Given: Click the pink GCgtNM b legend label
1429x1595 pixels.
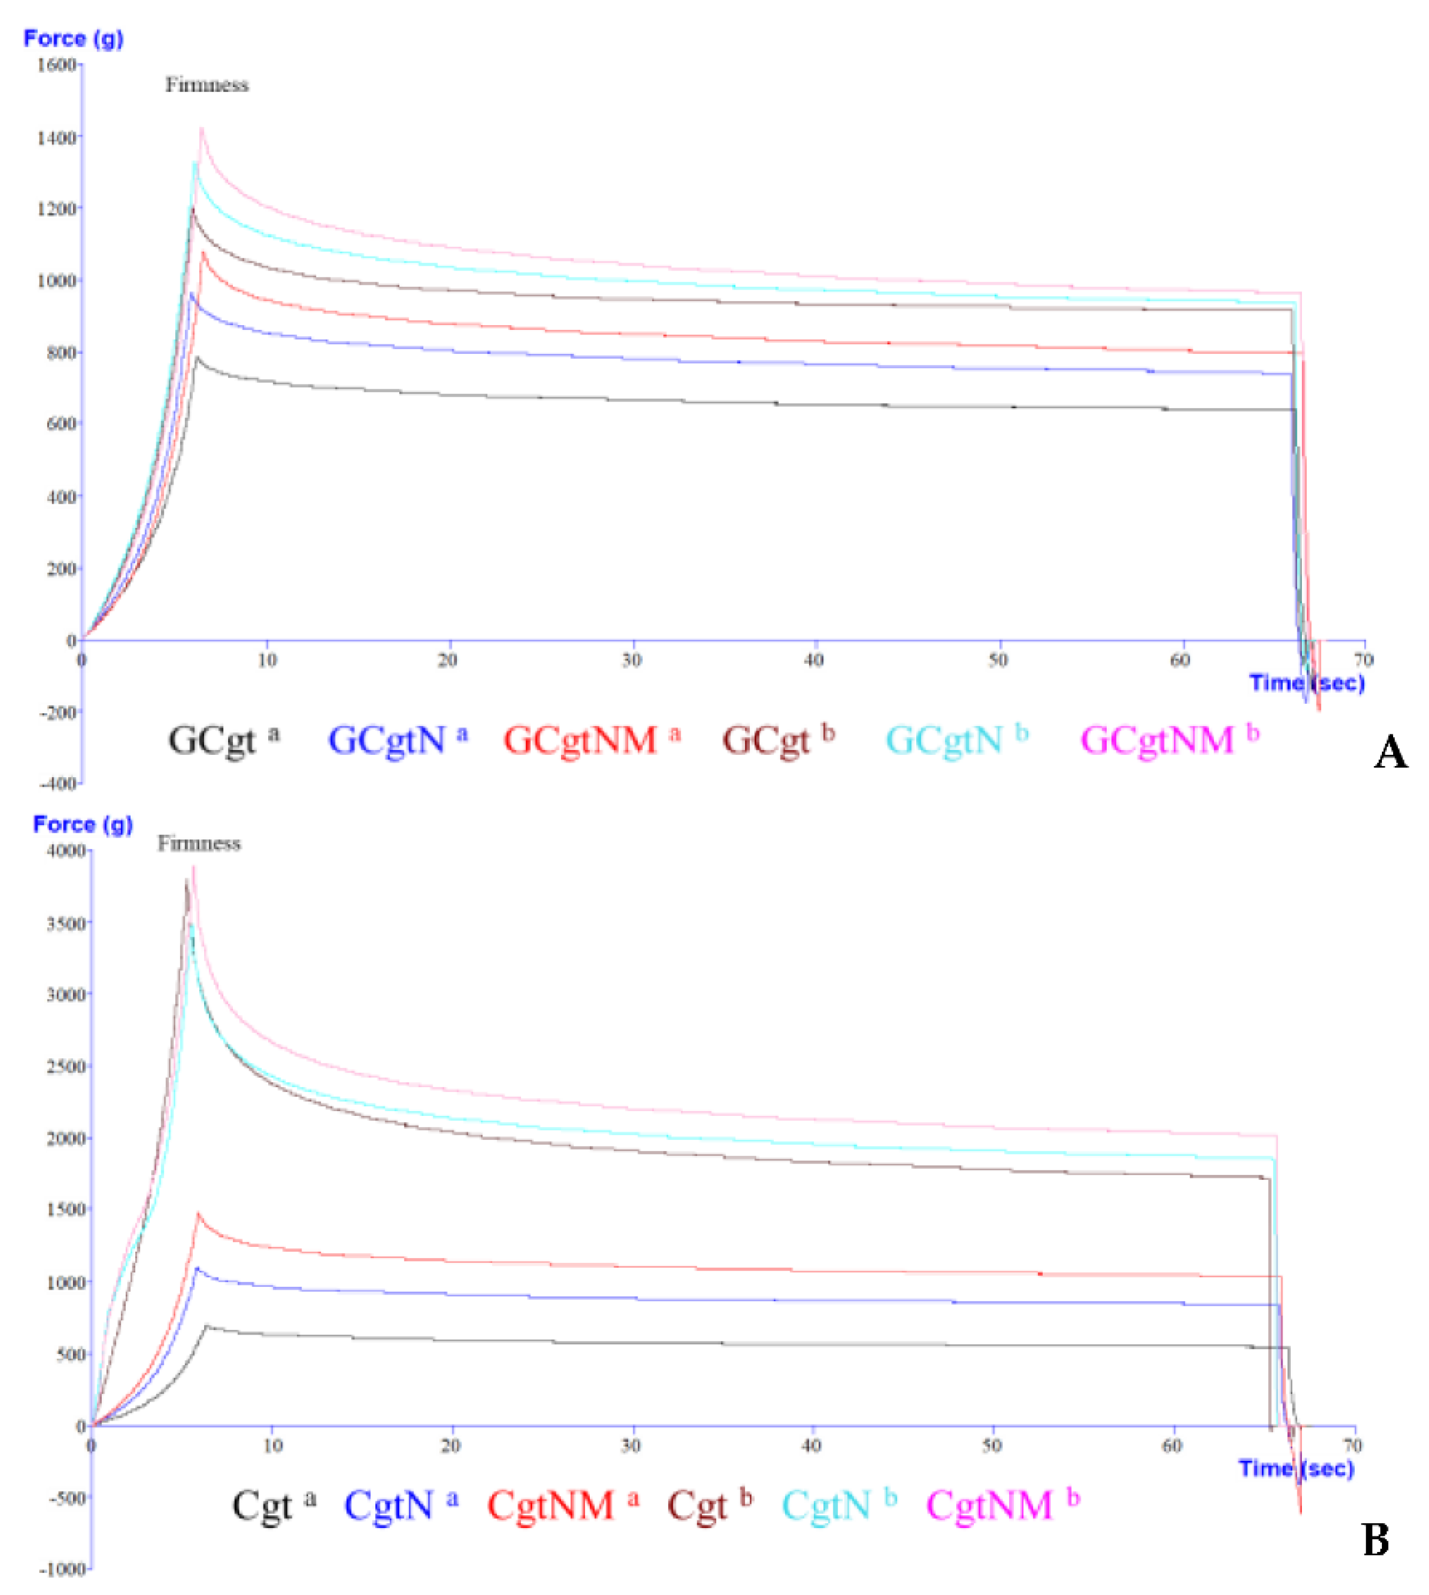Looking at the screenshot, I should [x=1169, y=740].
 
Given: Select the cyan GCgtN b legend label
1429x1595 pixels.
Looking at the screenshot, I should [x=956, y=740].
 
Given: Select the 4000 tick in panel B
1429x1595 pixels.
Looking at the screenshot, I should [x=65, y=851].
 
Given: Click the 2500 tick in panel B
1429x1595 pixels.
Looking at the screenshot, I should [x=65, y=1066].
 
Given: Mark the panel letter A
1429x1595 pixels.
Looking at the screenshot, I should [x=1391, y=753].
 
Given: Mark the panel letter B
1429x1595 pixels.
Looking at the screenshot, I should [x=1375, y=1540].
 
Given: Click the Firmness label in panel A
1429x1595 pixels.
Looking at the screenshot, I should [x=206, y=85].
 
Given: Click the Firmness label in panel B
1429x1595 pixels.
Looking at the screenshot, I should [x=199, y=844].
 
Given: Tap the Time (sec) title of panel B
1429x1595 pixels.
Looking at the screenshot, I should [x=1296, y=1469].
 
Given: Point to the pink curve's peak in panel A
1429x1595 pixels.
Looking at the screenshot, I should [x=201, y=128].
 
